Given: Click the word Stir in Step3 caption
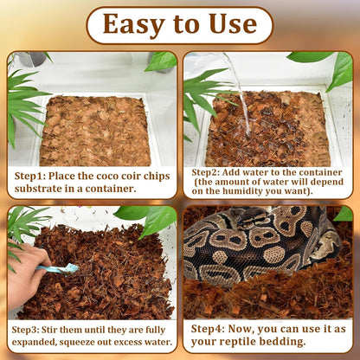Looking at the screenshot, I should (x=71, y=330).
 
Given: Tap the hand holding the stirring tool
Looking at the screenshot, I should (x=24, y=260).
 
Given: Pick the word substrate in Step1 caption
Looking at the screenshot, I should (x=40, y=189).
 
